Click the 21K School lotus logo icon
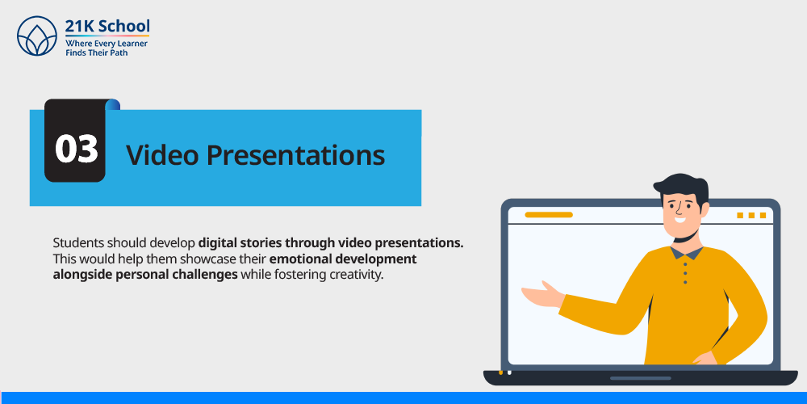pos(36,36)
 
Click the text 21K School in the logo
pos(107,26)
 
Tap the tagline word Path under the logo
pos(119,53)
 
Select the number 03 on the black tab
pos(76,149)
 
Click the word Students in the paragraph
pos(73,242)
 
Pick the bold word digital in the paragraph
pos(216,243)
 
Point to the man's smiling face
pos(683,210)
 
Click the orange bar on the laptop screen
pos(549,214)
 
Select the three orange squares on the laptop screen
pos(751,216)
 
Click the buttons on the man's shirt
pos(684,272)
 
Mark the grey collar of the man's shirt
pos(687,252)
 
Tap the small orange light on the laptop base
pos(501,372)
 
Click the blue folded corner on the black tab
pos(113,104)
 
